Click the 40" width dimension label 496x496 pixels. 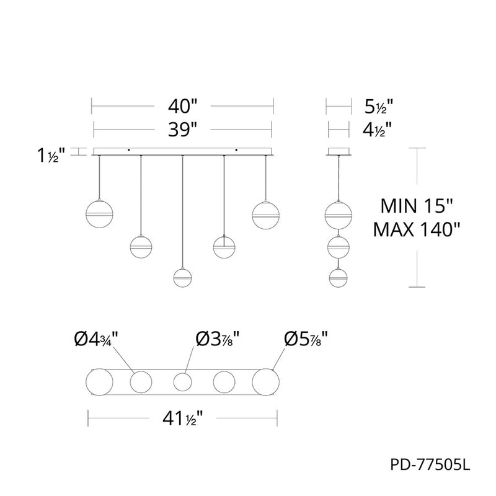tap(182, 105)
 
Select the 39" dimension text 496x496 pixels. tap(182, 130)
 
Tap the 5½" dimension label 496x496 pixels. tap(379, 106)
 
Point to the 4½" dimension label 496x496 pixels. tap(377, 130)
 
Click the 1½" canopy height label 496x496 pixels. tap(51, 156)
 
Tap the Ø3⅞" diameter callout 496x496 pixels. tap(217, 339)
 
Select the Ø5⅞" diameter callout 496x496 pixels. tap(306, 339)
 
